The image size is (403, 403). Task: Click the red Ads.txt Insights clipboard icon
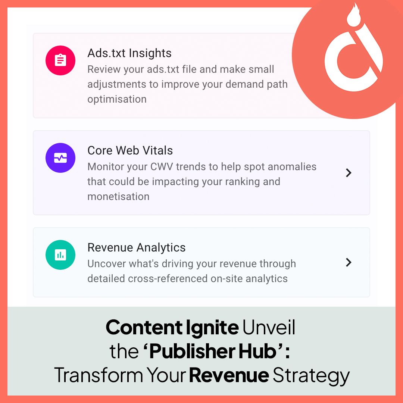click(x=60, y=60)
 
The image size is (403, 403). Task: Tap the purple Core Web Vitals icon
click(x=60, y=158)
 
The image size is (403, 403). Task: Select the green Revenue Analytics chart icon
click(x=60, y=255)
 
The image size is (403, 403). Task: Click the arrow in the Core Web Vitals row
click(x=349, y=173)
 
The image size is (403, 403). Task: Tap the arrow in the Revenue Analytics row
click(x=349, y=262)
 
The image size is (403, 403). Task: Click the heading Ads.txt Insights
click(x=129, y=53)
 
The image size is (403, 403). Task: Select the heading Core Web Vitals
click(x=130, y=150)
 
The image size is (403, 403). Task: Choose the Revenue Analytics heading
click(x=137, y=247)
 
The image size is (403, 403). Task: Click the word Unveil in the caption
click(x=269, y=328)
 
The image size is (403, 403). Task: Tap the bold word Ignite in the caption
click(x=212, y=328)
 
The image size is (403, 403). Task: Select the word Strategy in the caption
click(x=311, y=375)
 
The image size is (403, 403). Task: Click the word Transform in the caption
click(x=99, y=375)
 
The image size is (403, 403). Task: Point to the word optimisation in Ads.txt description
click(x=117, y=99)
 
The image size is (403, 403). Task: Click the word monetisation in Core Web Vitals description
click(x=118, y=197)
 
